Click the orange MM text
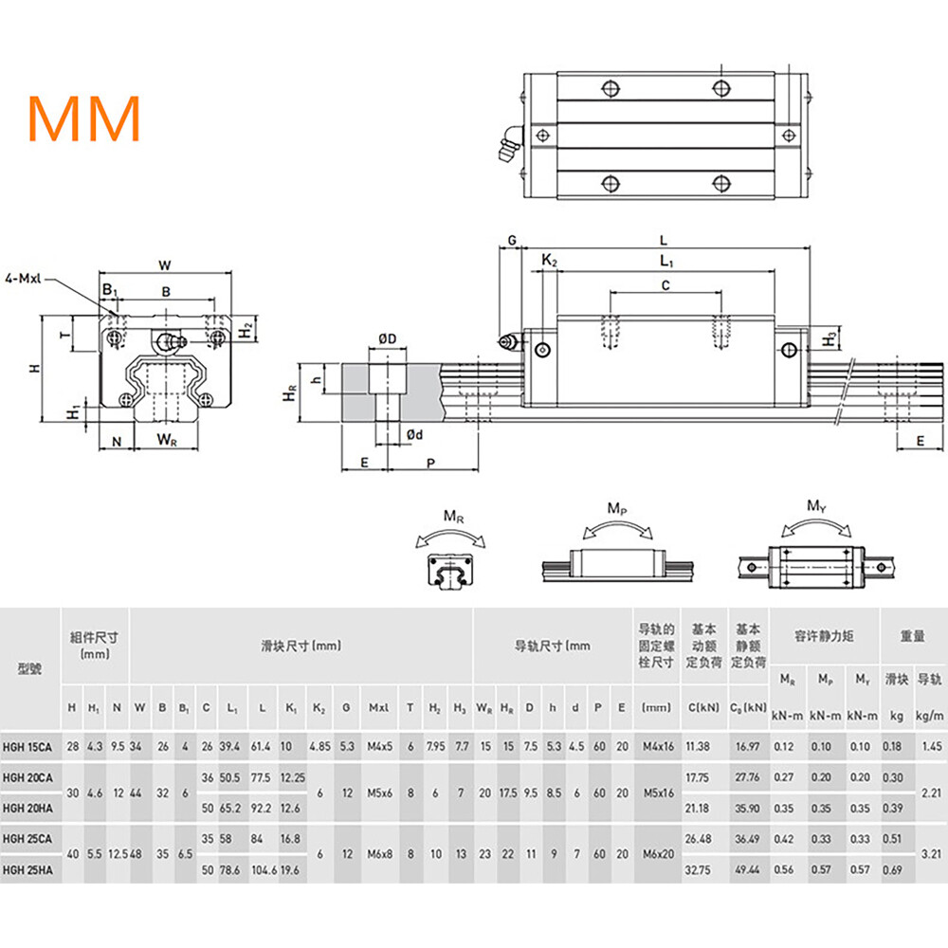[x=84, y=118]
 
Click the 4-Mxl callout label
[x=26, y=279]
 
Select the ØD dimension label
[x=387, y=338]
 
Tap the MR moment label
[x=453, y=516]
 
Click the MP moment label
[x=618, y=509]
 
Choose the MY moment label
[x=816, y=506]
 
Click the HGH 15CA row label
[x=27, y=747]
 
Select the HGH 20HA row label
[x=27, y=808]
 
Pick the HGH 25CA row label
[x=27, y=838]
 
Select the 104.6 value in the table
[x=262, y=868]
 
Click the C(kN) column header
[x=701, y=707]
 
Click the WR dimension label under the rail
[x=166, y=440]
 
